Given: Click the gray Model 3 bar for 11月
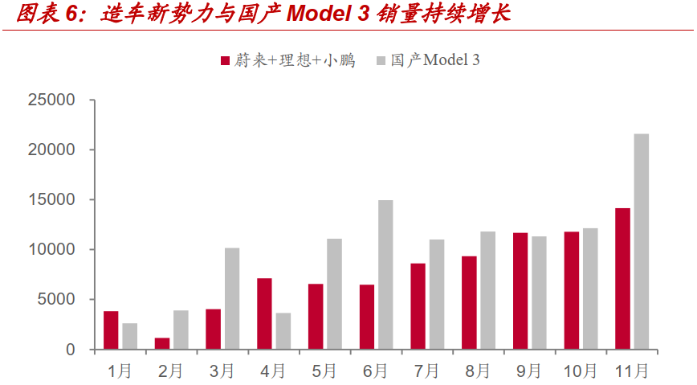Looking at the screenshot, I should point(642,241).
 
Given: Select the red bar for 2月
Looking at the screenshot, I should point(162,343).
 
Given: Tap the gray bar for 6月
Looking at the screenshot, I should point(385,275).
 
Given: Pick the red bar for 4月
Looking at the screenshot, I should point(264,313).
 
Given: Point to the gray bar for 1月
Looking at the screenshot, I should point(130,336).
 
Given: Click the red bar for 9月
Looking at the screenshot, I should point(520,291).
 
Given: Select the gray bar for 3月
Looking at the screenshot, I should point(232,298).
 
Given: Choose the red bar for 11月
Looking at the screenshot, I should point(622,279).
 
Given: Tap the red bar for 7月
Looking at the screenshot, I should point(418,306).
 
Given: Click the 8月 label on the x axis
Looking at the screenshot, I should point(477,371).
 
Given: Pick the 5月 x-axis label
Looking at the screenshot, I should point(324,371).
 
